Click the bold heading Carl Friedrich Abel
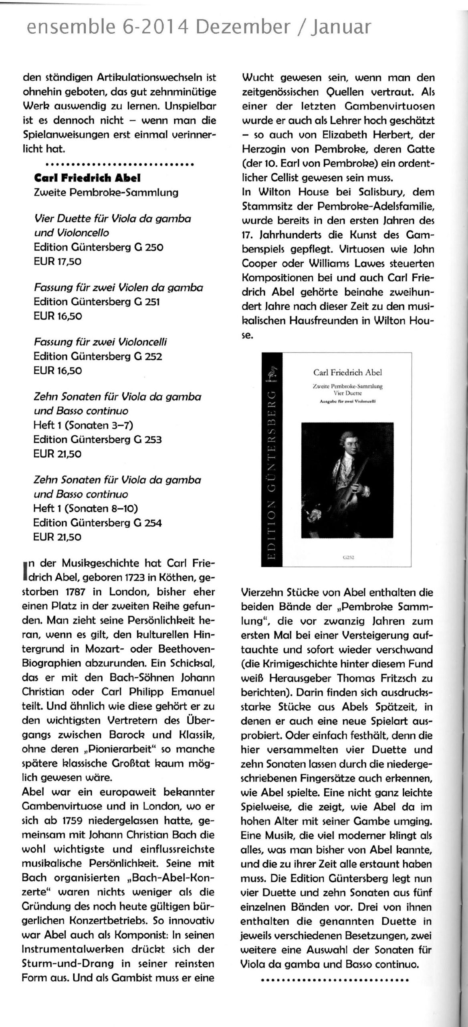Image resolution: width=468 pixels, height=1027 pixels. [87, 178]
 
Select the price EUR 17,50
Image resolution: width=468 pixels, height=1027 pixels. [58, 262]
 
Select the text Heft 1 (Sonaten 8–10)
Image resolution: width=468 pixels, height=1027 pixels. [85, 509]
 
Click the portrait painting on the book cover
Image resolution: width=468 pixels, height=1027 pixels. [346, 479]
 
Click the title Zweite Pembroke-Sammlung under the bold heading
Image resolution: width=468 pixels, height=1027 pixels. [106, 192]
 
